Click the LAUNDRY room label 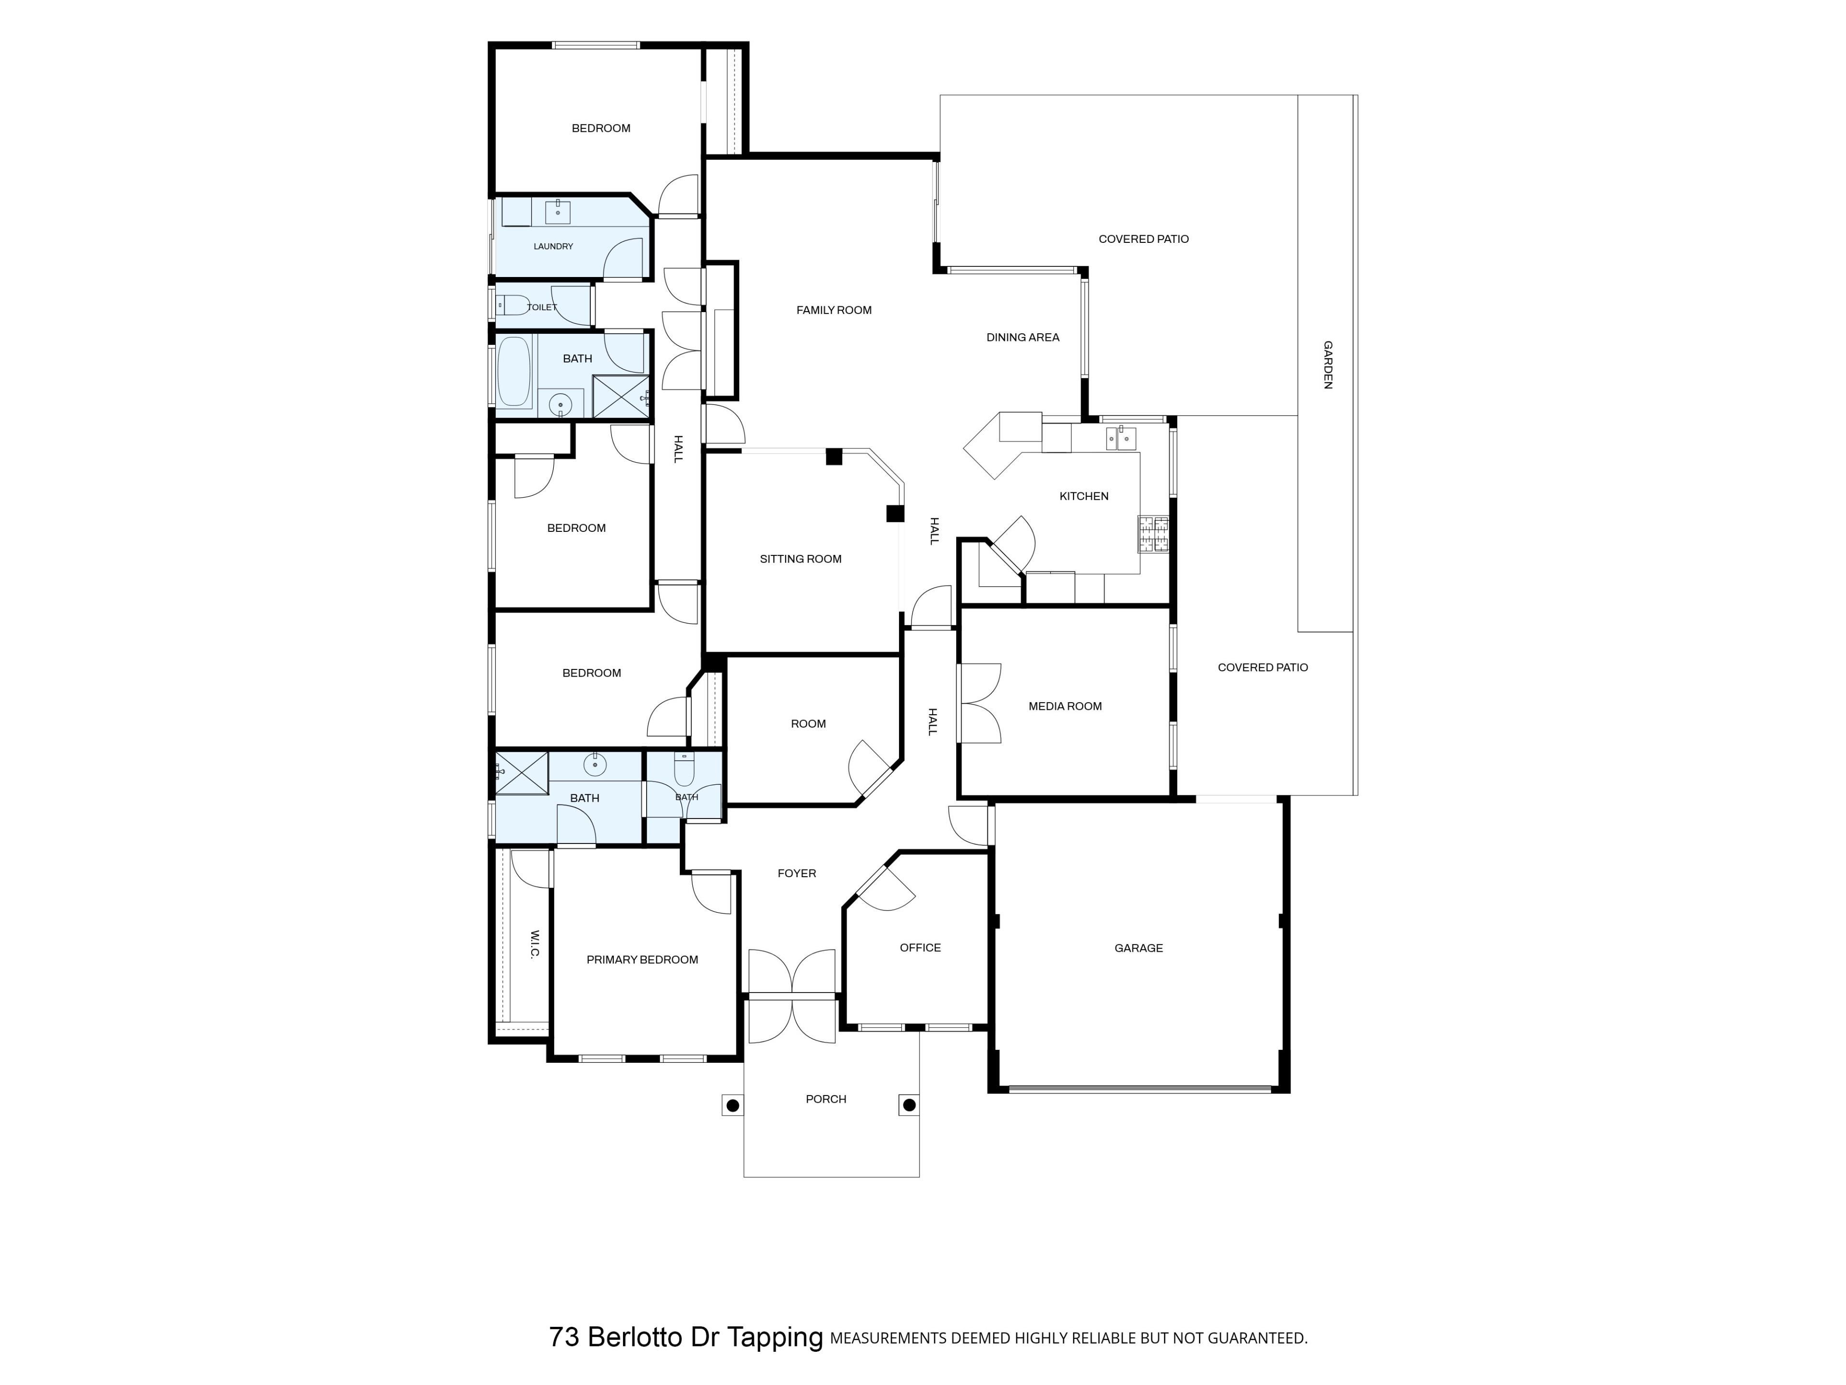pos(553,246)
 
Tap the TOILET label pos(542,307)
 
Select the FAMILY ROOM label pos(834,310)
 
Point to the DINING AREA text pos(1023,337)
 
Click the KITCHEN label pos(1084,496)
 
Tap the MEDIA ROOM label pos(1065,706)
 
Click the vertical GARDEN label pos(1328,365)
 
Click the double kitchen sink pos(1120,438)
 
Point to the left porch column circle pos(733,1105)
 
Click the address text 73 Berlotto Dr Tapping pos(686,1337)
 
